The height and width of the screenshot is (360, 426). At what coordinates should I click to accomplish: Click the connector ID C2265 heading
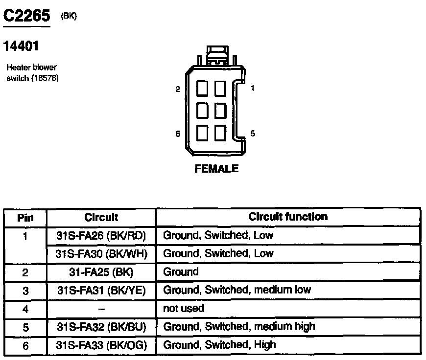[x=27, y=16]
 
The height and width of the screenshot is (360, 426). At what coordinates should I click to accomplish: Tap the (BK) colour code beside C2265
[x=69, y=16]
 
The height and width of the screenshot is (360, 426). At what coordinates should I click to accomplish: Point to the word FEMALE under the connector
[x=216, y=169]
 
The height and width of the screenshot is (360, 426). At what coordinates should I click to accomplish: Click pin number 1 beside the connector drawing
[x=253, y=89]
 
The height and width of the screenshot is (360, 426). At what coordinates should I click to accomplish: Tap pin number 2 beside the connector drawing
[x=177, y=89]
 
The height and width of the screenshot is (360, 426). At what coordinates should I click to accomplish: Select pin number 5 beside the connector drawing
[x=253, y=133]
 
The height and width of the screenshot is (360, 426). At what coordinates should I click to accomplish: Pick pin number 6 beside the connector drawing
[x=177, y=134]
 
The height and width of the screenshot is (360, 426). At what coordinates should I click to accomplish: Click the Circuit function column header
[x=288, y=217]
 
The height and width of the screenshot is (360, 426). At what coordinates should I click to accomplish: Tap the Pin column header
[x=25, y=218]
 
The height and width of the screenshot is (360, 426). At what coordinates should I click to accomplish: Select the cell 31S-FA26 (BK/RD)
[x=101, y=235]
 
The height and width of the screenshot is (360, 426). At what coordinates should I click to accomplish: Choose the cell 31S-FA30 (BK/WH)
[x=101, y=254]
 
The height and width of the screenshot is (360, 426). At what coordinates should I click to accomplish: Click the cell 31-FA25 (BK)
[x=101, y=272]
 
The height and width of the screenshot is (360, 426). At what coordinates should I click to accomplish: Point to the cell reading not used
[x=184, y=308]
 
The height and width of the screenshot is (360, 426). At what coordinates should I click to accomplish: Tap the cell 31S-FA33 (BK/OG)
[x=101, y=345]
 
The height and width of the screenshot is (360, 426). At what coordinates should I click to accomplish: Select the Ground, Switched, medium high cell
[x=239, y=326]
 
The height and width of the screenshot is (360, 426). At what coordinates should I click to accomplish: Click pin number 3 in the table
[x=25, y=291]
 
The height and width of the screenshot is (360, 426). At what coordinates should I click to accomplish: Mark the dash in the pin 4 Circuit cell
[x=101, y=309]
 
